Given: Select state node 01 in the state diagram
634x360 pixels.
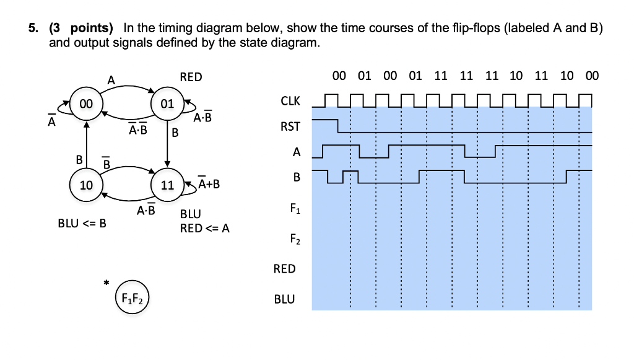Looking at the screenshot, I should click(x=166, y=104).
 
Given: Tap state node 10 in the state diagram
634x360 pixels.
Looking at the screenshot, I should click(x=85, y=185).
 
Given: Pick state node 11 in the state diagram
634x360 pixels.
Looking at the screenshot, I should click(x=167, y=185).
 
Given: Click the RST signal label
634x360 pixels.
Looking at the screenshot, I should click(x=290, y=126).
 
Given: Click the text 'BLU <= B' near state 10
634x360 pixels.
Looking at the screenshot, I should click(x=82, y=223).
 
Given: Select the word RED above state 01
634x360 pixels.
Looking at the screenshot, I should click(x=191, y=77).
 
